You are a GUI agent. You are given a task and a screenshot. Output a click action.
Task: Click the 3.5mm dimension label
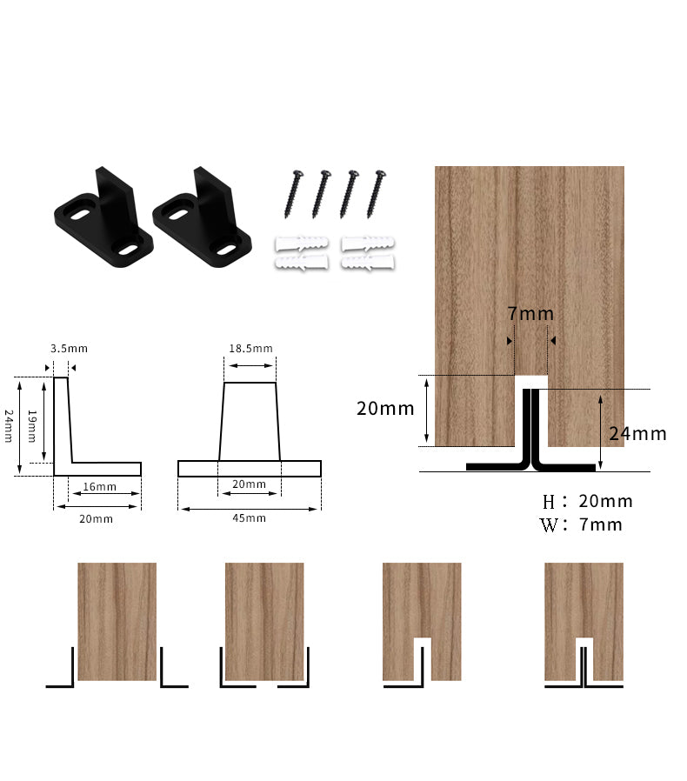[69, 349]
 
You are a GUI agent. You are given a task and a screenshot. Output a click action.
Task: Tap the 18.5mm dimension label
[250, 349]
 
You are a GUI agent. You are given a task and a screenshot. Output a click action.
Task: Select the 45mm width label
[249, 518]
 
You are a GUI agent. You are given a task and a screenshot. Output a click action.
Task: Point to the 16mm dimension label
[100, 487]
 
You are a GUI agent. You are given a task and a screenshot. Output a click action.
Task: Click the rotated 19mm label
[32, 426]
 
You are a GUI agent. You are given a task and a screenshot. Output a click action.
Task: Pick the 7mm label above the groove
[530, 314]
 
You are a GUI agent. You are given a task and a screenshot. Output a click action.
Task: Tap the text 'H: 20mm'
[588, 501]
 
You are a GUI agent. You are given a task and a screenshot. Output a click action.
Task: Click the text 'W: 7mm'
[581, 524]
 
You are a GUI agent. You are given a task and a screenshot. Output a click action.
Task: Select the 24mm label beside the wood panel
[637, 434]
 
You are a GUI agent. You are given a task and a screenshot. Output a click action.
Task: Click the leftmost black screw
[293, 194]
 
